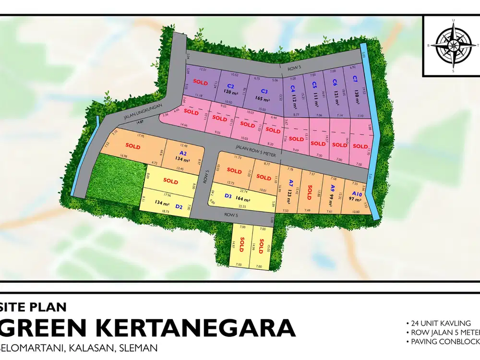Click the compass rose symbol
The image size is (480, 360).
point(452,46)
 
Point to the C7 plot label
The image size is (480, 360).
point(355,79)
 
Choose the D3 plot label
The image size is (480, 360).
point(228,196)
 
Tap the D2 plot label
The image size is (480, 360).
point(179,207)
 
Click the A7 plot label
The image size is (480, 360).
point(291,183)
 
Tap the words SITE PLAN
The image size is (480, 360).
point(34,307)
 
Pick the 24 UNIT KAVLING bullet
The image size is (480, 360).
point(441,323)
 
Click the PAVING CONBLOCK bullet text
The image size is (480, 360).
point(444,342)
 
